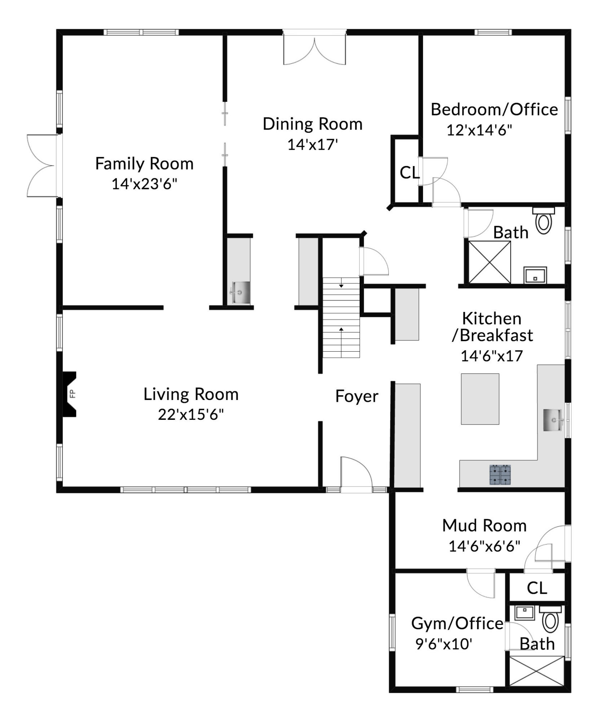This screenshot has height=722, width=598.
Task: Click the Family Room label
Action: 144,164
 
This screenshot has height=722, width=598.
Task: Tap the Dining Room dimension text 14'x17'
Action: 312,145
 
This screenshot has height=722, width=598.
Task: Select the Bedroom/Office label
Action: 494,110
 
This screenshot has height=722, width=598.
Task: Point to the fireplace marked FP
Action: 70,394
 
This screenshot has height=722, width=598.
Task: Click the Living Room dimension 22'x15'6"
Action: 191,414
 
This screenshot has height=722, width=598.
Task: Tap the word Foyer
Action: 357,396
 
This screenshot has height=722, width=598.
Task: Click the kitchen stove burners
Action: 500,474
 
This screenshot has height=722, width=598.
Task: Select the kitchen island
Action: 480,399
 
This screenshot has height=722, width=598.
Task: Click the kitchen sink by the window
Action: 553,420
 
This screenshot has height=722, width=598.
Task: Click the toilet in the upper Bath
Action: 544,221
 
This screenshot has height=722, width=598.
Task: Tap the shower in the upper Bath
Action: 489,262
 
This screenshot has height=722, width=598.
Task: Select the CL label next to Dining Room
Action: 409,173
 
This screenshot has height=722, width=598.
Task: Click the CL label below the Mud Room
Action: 537,588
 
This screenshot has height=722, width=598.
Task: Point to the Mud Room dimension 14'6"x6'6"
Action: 484,546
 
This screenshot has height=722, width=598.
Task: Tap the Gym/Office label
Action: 457,623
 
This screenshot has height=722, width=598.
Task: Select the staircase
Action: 341,317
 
